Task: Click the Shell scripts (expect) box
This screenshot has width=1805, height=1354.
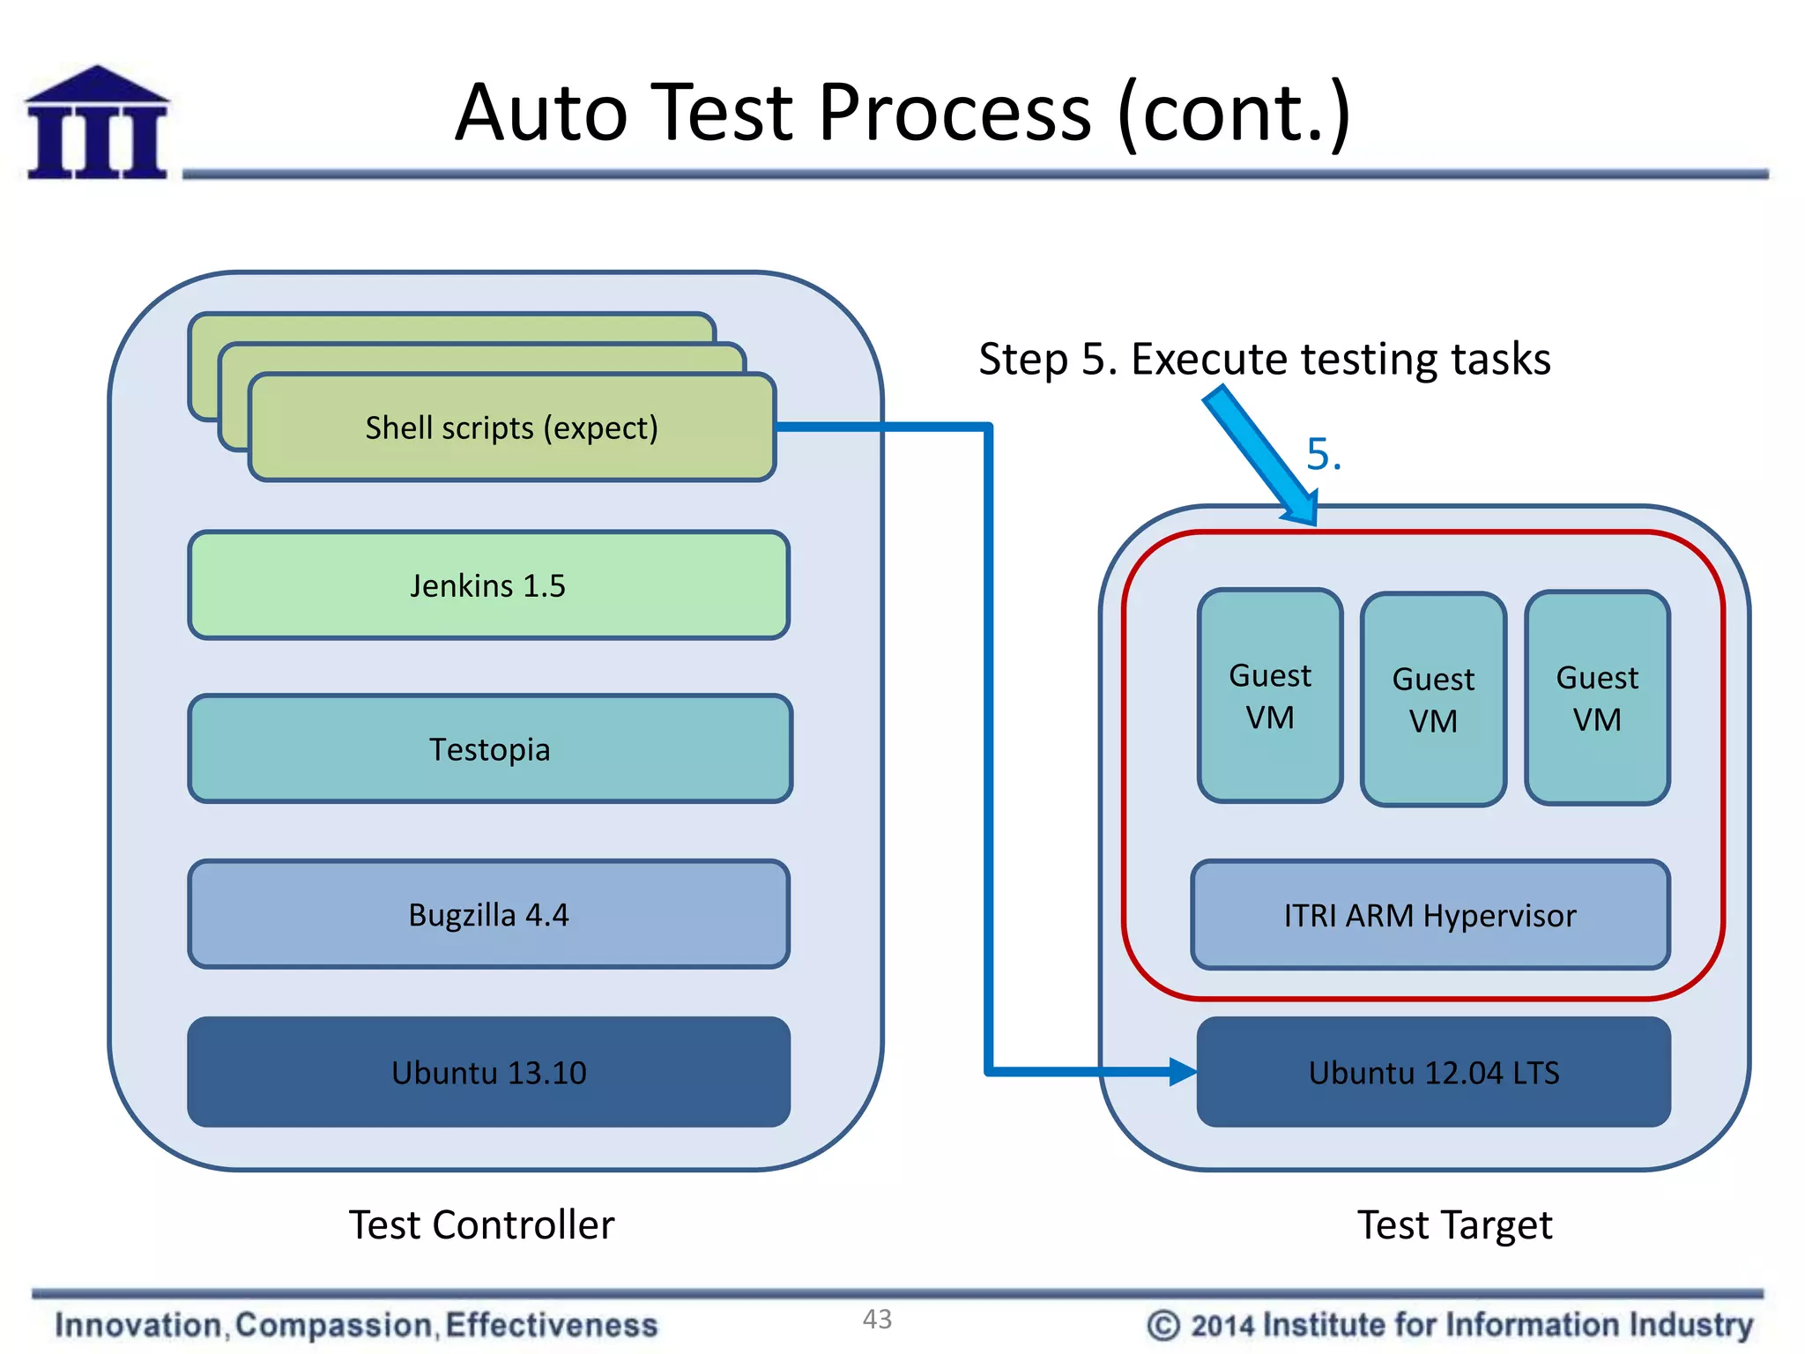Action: (x=511, y=428)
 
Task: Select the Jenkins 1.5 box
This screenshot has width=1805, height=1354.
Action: (x=488, y=585)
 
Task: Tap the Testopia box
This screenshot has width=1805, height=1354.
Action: (x=490, y=749)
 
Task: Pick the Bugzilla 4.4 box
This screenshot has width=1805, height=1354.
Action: (x=488, y=915)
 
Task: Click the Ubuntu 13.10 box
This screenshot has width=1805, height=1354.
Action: (x=488, y=1073)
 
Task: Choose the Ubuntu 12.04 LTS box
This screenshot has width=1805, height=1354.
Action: (x=1433, y=1073)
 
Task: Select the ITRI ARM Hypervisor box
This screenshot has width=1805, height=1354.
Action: (x=1430, y=916)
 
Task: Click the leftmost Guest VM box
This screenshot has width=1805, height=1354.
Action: (x=1270, y=696)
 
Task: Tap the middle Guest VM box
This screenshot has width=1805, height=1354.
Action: (x=1433, y=700)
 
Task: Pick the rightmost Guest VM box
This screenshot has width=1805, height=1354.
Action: (x=1597, y=698)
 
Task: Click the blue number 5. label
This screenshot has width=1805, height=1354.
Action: (x=1323, y=455)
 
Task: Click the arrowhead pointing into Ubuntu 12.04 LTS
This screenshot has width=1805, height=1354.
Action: (x=1183, y=1072)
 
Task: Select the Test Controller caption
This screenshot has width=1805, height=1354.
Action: (x=481, y=1225)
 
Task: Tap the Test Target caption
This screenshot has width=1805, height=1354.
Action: (x=1454, y=1225)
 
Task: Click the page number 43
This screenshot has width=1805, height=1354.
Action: (x=877, y=1319)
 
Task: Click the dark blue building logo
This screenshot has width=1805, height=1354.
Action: (x=97, y=123)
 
